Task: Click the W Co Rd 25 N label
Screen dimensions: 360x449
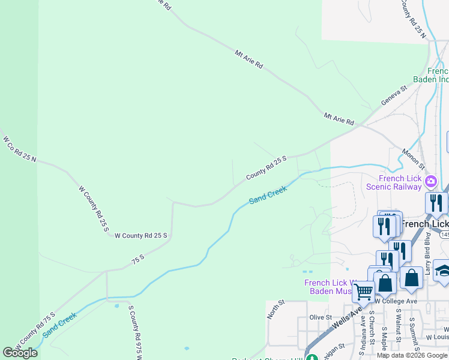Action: (x=19, y=149)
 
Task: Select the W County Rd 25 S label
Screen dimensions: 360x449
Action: (x=140, y=235)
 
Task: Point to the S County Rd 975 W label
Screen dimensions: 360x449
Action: (x=134, y=332)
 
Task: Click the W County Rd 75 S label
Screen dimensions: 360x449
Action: (x=35, y=331)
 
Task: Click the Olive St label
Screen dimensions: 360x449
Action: (x=321, y=317)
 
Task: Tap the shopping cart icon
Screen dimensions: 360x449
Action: (x=364, y=292)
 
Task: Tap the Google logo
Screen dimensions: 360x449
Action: (x=20, y=353)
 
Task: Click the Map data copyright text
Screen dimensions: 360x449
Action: (x=412, y=355)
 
